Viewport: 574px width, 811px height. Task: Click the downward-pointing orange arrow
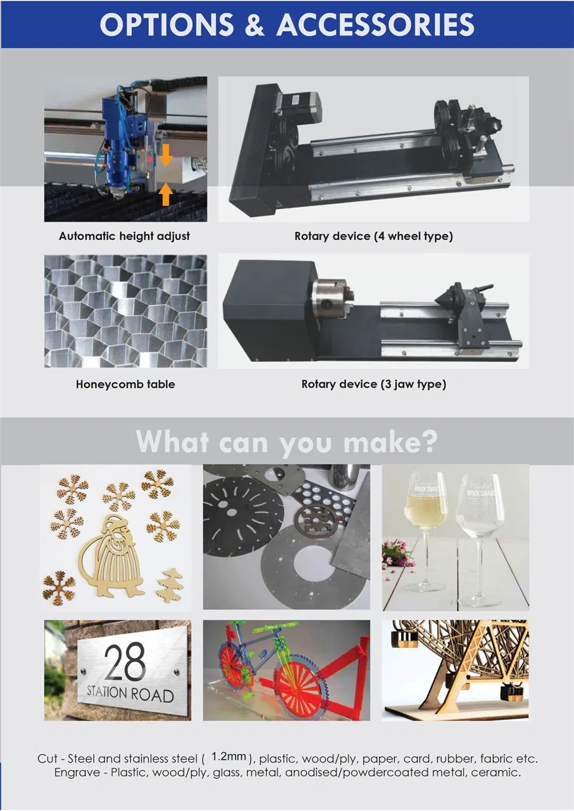pyautogui.click(x=166, y=155)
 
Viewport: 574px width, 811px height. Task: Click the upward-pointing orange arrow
pyautogui.click(x=166, y=193)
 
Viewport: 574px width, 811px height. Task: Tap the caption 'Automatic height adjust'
pyautogui.click(x=125, y=236)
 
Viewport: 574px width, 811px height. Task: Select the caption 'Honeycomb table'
pyautogui.click(x=125, y=384)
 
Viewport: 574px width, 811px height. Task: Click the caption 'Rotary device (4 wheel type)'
pyautogui.click(x=373, y=236)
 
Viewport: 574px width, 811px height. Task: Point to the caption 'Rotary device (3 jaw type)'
pyautogui.click(x=373, y=384)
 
